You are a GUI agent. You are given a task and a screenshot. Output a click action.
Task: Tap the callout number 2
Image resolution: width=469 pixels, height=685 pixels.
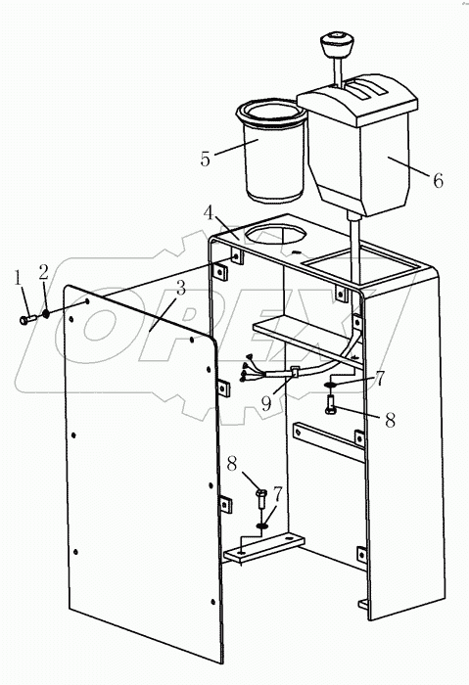point(42,270)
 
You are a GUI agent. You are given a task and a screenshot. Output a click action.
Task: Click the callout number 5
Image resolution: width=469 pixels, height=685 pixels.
point(205,158)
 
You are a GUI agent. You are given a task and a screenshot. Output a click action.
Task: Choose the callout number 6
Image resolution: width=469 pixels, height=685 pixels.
point(437,180)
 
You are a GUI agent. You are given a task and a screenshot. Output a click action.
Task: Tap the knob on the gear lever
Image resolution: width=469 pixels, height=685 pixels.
point(335,45)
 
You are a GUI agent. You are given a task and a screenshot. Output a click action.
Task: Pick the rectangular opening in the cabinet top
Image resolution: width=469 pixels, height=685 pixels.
point(356,260)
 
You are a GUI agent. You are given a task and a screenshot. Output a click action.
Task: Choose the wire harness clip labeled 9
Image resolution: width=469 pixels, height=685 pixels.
point(294,371)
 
